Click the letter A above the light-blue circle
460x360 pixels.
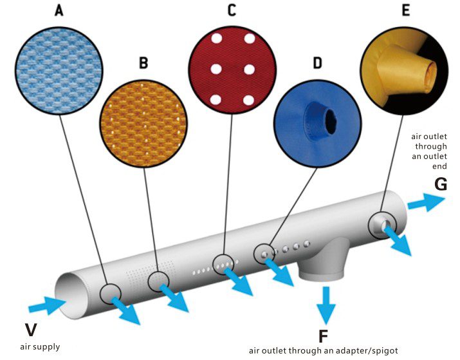(x=59, y=11)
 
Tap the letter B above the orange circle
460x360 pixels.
(x=143, y=63)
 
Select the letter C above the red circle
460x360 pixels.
(x=232, y=11)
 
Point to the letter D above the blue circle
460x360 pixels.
(x=318, y=63)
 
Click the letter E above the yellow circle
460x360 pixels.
(x=406, y=10)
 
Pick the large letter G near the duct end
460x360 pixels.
(x=440, y=184)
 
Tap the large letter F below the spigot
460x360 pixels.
(x=323, y=337)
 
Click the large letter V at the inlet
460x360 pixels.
(x=31, y=330)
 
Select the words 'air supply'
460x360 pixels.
(x=40, y=346)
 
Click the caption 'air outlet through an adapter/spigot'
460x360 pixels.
(x=324, y=350)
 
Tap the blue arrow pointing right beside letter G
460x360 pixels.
(x=427, y=202)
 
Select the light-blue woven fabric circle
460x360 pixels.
(x=59, y=70)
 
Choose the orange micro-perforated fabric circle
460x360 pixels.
(x=143, y=124)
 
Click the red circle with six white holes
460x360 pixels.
(x=232, y=70)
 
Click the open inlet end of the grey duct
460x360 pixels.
(x=71, y=296)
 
